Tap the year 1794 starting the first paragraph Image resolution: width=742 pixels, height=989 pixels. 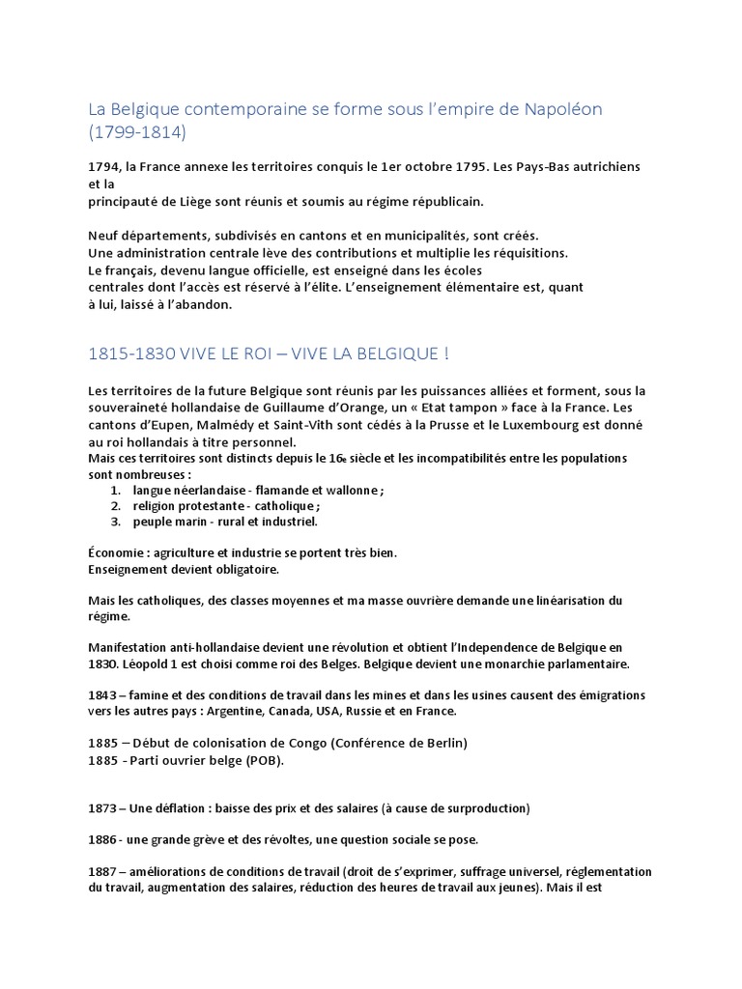(x=102, y=166)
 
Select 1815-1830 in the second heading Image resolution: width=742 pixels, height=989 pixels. (x=131, y=353)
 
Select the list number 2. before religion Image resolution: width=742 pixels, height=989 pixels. (x=114, y=505)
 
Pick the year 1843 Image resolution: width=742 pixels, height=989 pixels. (x=102, y=695)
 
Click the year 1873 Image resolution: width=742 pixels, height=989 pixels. (x=102, y=807)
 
